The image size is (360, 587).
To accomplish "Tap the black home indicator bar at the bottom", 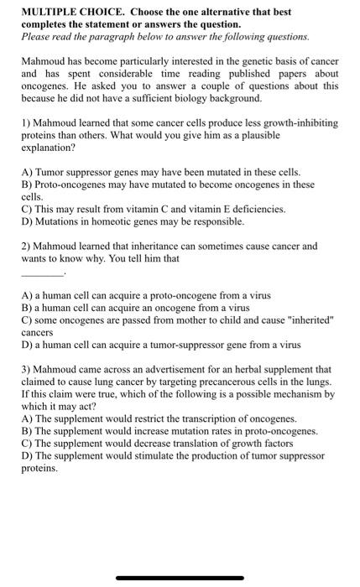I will pyautogui.click(x=180, y=578).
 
